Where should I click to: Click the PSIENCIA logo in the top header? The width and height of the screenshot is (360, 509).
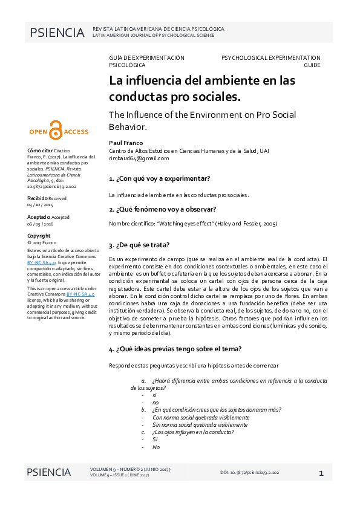(57, 33)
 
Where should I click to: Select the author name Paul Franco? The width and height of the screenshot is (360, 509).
(123, 142)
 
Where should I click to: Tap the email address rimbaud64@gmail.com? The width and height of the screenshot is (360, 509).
(139, 158)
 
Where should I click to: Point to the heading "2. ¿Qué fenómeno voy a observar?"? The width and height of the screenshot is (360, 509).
(162, 209)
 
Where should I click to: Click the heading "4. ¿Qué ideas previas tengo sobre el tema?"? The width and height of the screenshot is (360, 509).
(175, 349)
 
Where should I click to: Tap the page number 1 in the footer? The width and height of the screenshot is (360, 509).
(321, 472)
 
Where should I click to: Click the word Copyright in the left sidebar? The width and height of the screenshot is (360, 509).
(39, 236)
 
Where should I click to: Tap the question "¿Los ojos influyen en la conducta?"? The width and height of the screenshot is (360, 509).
(193, 432)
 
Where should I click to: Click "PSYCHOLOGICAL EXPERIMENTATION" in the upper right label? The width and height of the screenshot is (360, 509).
(270, 57)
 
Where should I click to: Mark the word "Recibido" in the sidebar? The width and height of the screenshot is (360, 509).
(38, 198)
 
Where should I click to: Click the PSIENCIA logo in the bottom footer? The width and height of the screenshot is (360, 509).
(48, 472)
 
